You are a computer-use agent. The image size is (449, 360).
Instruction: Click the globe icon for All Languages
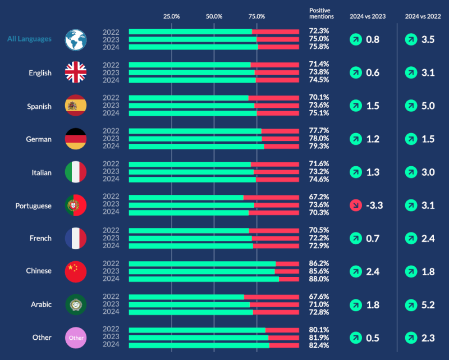point(76,40)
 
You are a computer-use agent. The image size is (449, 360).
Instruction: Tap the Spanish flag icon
point(76,106)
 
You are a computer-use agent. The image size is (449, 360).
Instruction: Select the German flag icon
point(76,139)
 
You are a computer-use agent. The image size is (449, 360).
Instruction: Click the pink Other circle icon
point(76,338)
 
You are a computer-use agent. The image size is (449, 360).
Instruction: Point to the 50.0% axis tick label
point(214,16)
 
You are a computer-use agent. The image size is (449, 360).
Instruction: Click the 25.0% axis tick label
point(171,16)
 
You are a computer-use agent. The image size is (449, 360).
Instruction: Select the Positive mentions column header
point(322,13)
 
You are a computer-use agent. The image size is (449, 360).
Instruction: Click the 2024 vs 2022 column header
point(423,16)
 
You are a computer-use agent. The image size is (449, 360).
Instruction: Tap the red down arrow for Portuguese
point(356,206)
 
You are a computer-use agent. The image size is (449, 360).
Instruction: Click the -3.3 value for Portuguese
point(374,206)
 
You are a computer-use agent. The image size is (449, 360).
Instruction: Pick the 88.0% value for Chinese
point(319,279)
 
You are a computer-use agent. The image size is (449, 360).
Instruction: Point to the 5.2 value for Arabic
point(428,305)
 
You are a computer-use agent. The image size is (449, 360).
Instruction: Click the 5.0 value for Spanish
point(428,106)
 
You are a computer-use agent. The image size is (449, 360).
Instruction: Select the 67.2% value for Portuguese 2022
point(319,197)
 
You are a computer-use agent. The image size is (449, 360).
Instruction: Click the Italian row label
point(40,172)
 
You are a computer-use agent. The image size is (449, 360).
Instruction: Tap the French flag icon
point(76,238)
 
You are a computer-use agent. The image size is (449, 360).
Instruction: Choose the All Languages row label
point(29,39)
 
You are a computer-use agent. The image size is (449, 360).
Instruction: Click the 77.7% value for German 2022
point(319,131)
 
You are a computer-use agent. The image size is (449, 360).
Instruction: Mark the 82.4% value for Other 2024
point(319,345)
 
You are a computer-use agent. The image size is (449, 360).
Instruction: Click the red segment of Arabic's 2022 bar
point(271,297)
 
